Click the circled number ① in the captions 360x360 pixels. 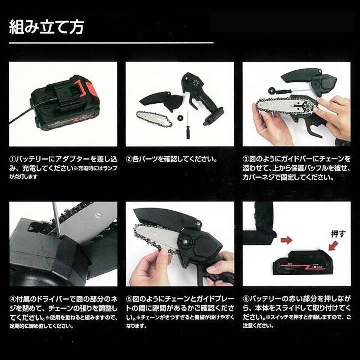[13, 159]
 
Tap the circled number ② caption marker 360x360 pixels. [129, 159]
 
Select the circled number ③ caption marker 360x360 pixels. [246, 159]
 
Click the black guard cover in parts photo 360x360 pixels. [162, 100]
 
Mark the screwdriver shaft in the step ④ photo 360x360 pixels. [56, 219]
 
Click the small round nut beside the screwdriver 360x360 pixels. [178, 119]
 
